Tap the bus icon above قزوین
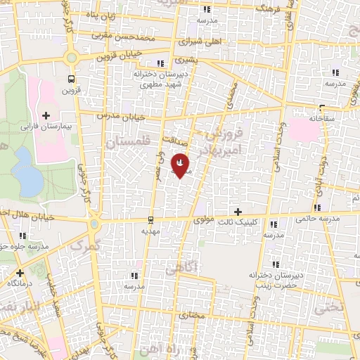coord(71,79)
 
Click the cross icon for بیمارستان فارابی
coord(46,115)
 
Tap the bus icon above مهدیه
coord(151,220)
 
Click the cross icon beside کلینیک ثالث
coord(238,212)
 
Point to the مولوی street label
coord(202,220)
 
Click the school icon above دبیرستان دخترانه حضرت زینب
coord(278,264)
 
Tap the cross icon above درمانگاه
coord(19,272)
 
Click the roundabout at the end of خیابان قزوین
coord(71,57)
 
